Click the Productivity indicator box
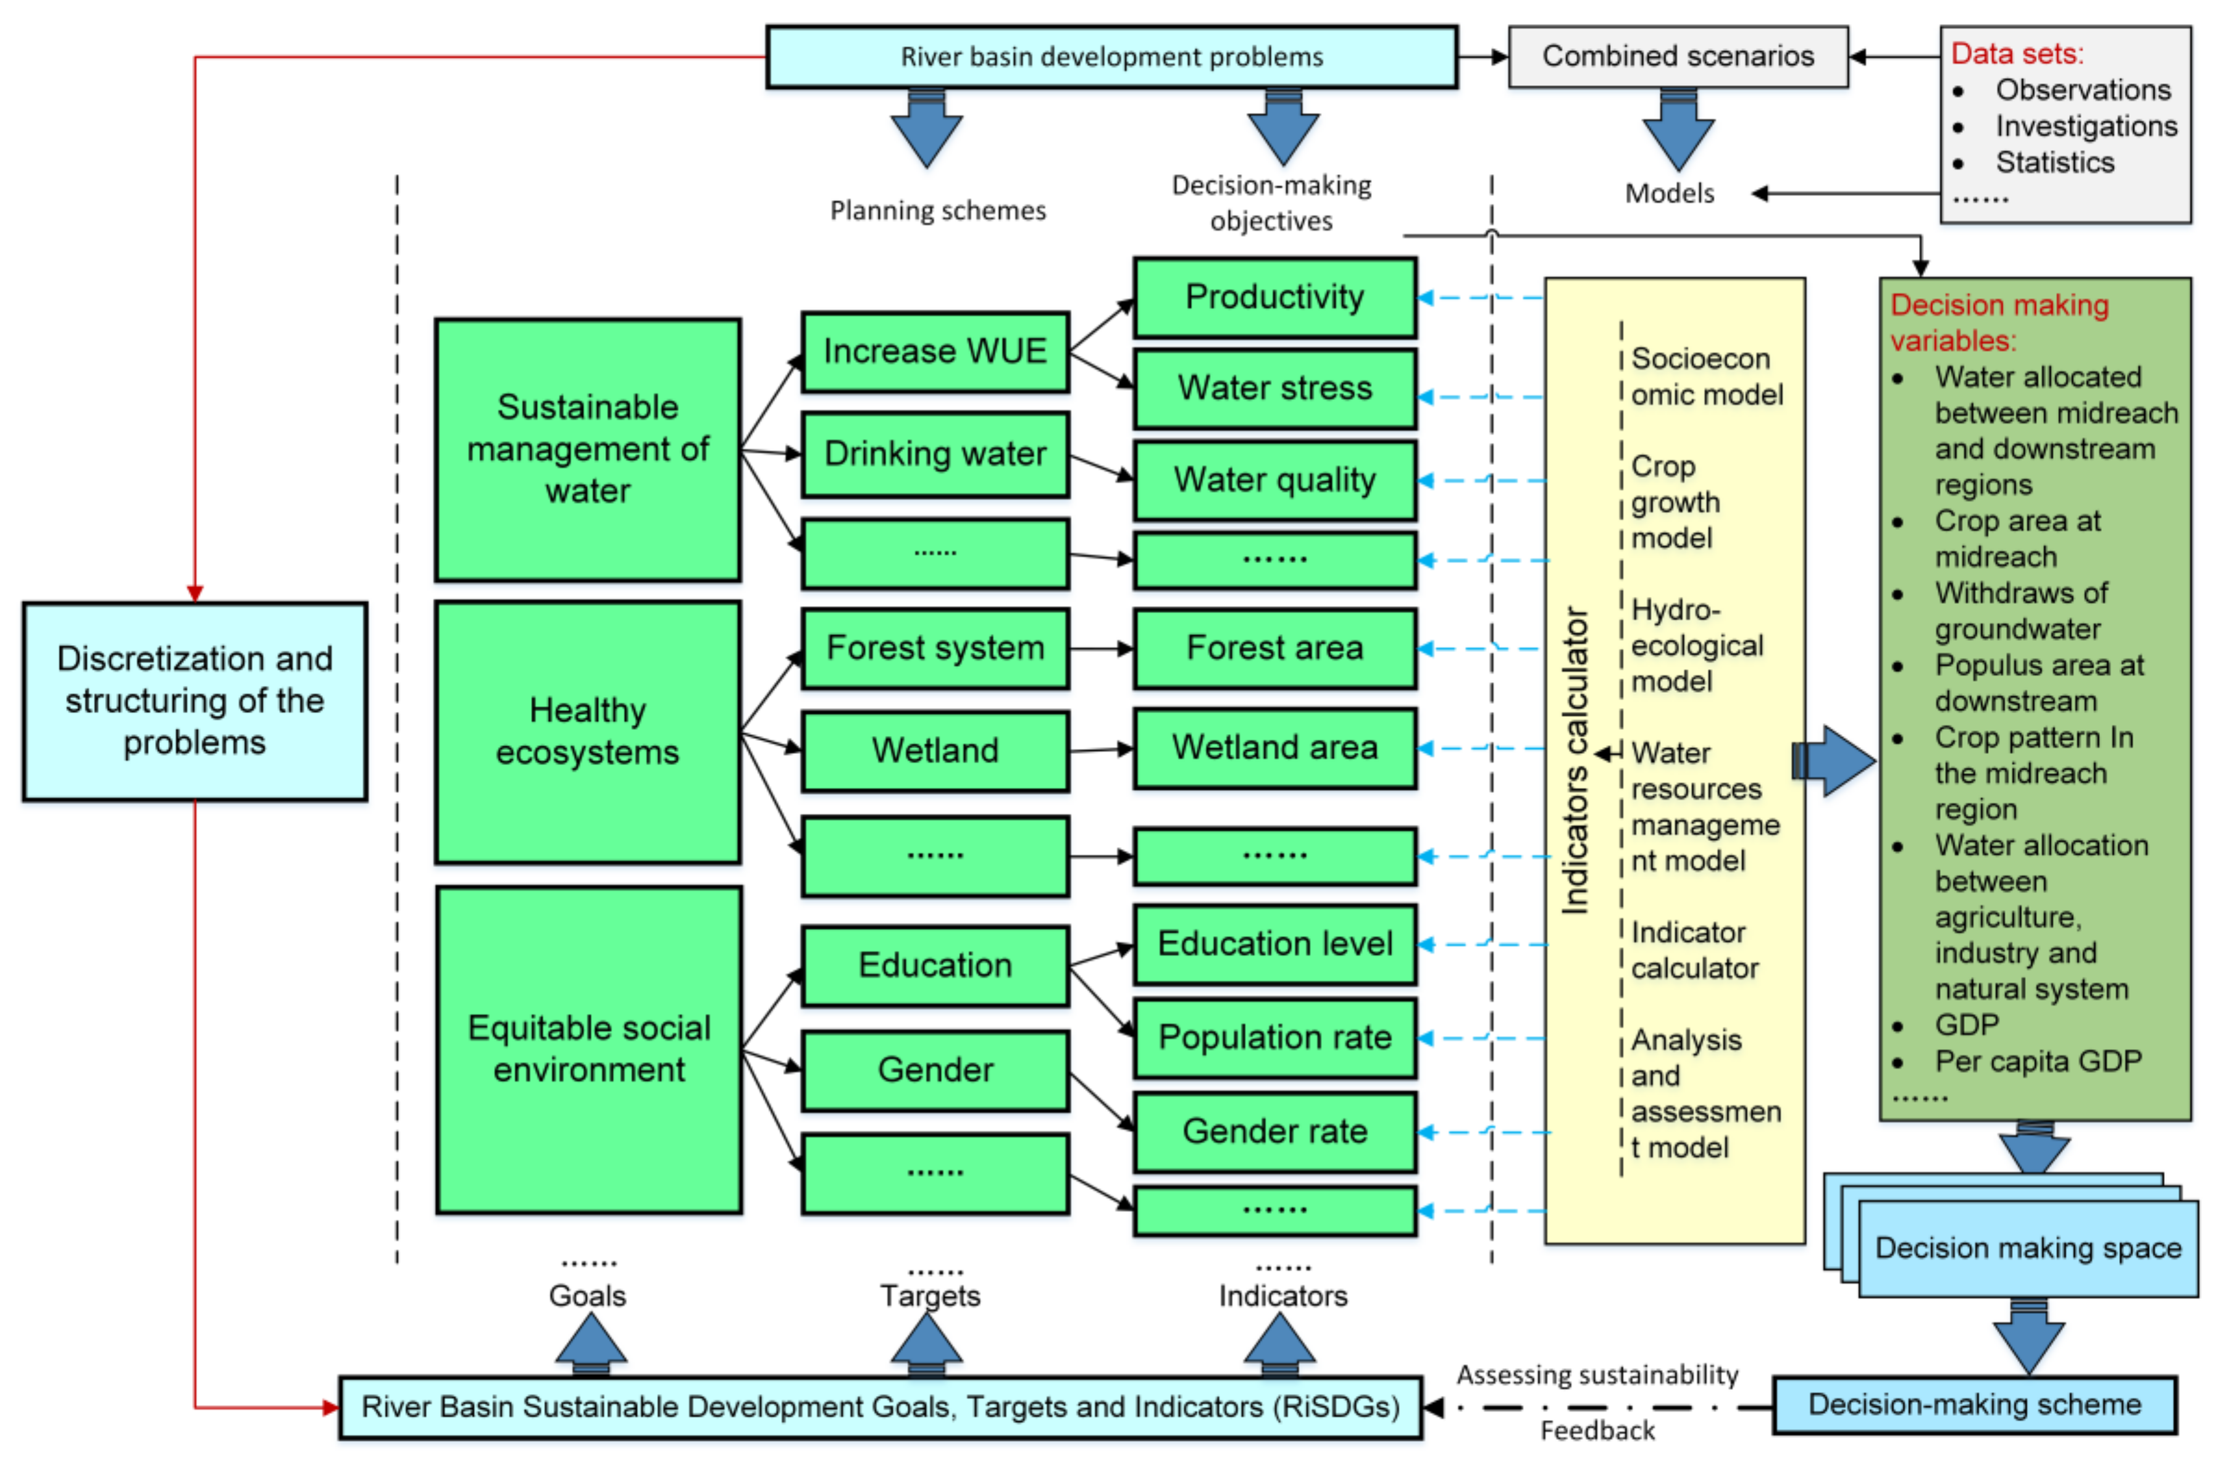point(1274,298)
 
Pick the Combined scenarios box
point(1677,56)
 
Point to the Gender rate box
point(1274,1131)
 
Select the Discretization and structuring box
point(195,701)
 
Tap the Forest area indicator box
point(1274,648)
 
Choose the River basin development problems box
point(1111,57)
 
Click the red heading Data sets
point(2017,53)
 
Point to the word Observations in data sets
point(2082,90)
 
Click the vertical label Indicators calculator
point(1575,761)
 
